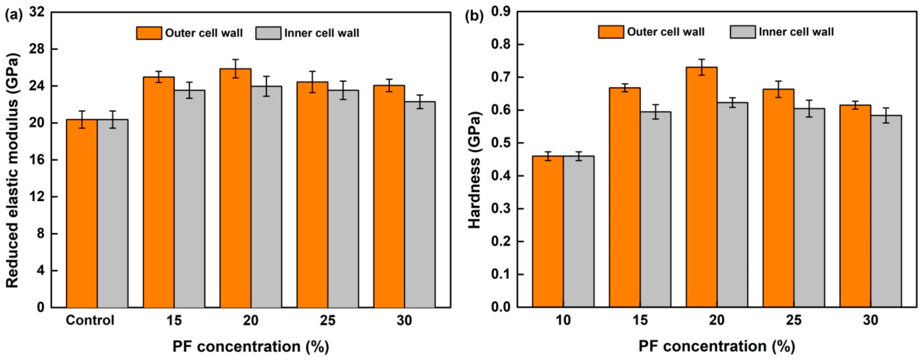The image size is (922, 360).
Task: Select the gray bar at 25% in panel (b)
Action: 809,208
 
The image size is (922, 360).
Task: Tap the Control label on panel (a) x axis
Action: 90,320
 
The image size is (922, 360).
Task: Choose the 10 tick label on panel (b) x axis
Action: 563,320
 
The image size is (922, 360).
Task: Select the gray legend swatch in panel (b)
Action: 743,32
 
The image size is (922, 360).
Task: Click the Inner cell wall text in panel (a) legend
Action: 321,33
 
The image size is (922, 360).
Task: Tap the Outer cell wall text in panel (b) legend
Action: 666,32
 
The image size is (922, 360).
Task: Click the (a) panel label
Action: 14,16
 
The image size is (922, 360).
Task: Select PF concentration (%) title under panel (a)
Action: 251,347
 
